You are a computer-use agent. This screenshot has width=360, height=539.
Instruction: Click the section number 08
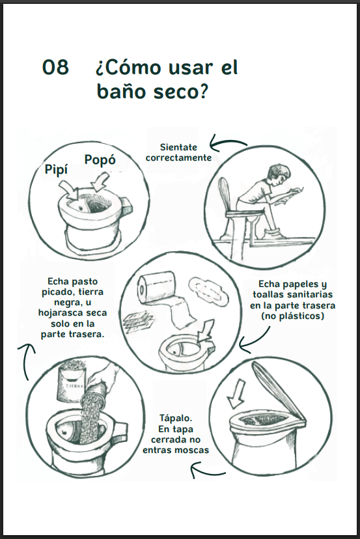[x=55, y=67]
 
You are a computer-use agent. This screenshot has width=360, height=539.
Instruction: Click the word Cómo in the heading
[x=132, y=67]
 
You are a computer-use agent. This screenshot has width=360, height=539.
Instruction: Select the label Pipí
[x=57, y=169]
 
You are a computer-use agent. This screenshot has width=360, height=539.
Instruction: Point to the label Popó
[x=100, y=160]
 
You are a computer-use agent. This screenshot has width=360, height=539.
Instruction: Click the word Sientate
[x=178, y=147]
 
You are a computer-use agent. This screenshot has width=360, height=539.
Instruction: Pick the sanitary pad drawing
[x=208, y=290]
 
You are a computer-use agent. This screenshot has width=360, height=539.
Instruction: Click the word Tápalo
[x=176, y=418]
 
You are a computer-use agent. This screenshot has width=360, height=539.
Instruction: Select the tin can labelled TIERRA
[x=71, y=381]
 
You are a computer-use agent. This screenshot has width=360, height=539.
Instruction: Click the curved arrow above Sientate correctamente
[x=227, y=144]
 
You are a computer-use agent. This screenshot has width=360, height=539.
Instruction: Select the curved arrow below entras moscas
[x=208, y=471]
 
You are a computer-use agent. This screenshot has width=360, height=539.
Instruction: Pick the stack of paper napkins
[x=137, y=322]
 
